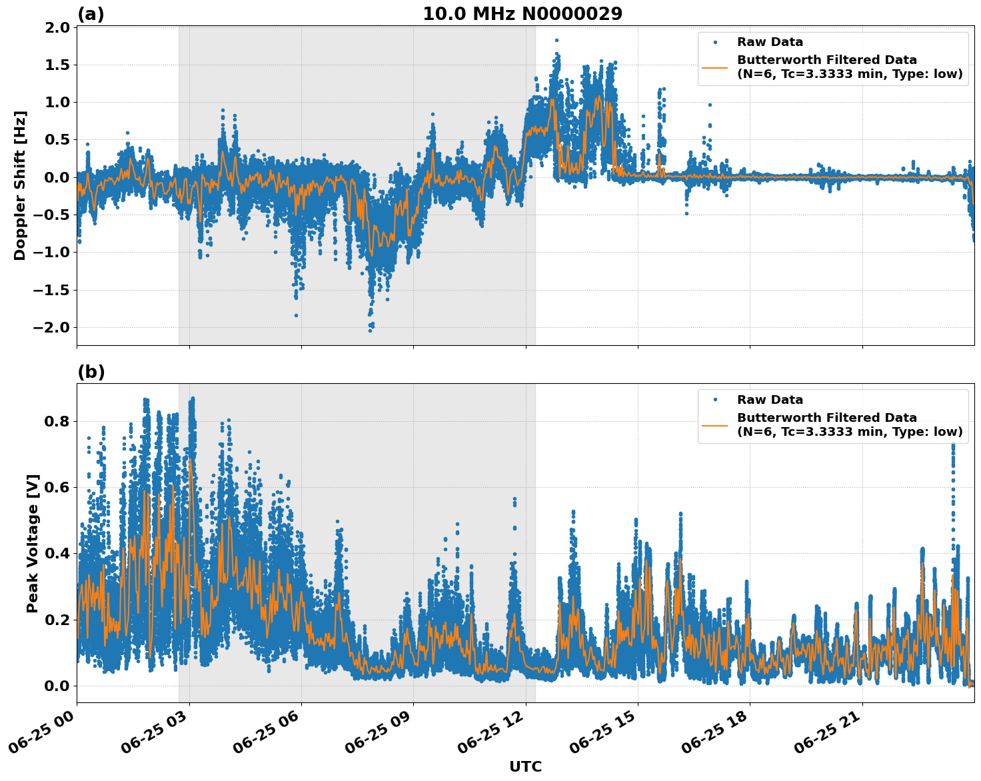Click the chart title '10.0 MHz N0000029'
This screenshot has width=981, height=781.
522,14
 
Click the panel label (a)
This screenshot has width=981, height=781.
91,14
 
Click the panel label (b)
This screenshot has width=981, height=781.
91,372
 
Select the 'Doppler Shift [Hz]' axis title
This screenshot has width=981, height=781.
20,185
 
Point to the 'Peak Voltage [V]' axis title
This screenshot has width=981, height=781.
33,543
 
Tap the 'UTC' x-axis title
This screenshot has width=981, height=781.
525,766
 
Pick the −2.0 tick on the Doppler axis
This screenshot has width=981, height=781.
55,327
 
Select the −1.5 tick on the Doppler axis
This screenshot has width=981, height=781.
55,290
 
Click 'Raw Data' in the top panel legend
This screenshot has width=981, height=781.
770,43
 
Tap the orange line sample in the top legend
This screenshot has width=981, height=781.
715,67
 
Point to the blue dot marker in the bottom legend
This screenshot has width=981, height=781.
715,400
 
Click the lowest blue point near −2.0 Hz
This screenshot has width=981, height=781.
371,331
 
